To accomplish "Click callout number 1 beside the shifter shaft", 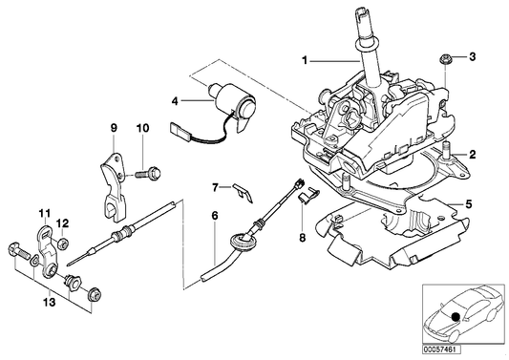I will click(306, 60).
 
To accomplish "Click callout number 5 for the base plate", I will click(467, 203).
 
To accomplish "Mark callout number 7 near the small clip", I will click(216, 186).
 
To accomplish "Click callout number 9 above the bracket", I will click(112, 128).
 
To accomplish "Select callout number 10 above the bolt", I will click(143, 128).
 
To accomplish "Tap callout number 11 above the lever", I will click(43, 212).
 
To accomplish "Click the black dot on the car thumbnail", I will click(457, 317).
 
